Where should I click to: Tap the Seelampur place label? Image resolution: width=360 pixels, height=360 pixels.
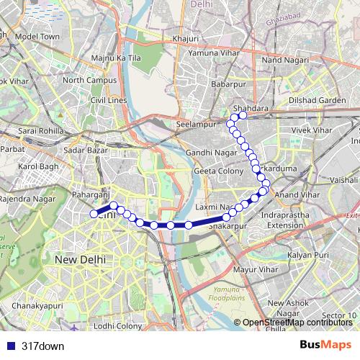pyautogui.click(x=192, y=124)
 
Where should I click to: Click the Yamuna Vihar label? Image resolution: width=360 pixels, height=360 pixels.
pyautogui.click(x=212, y=53)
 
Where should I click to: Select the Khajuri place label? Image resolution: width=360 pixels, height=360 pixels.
pyautogui.click(x=185, y=39)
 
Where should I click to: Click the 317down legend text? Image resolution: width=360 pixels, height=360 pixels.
pyautogui.click(x=42, y=346)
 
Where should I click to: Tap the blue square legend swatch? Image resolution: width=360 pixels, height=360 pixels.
pyautogui.click(x=10, y=346)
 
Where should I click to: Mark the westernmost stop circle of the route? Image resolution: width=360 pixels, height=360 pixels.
pyautogui.click(x=94, y=214)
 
